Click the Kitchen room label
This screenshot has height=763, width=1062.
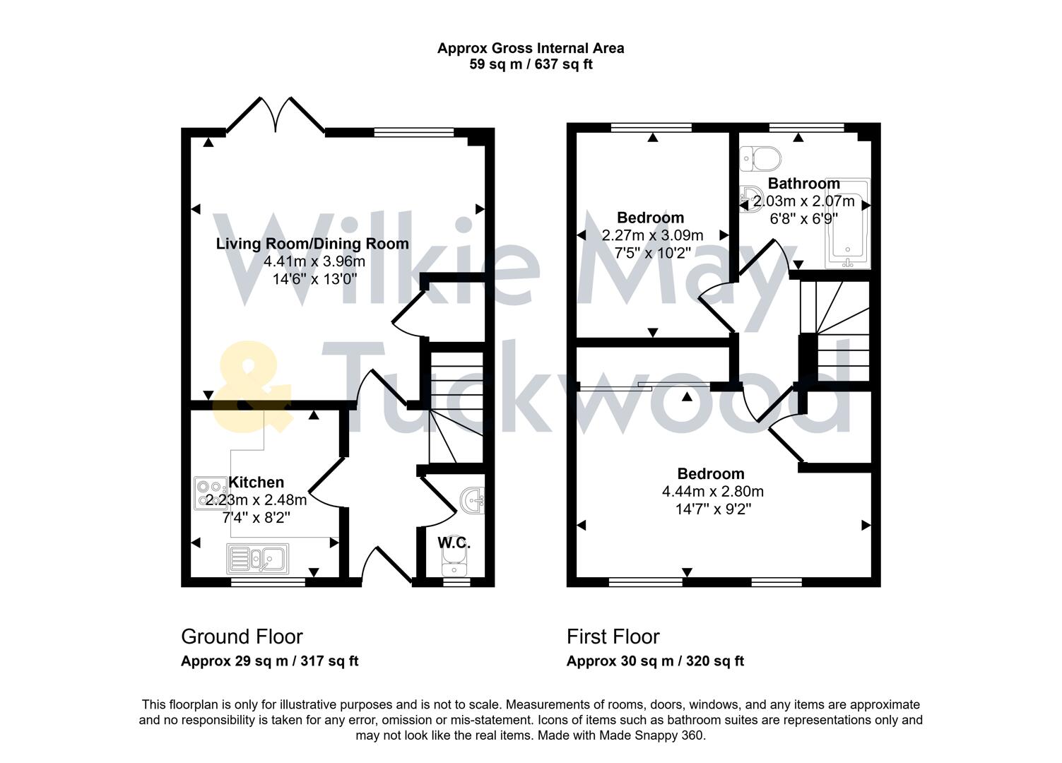tap(256, 483)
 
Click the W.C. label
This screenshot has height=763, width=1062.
tap(454, 543)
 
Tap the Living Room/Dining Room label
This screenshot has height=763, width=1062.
tap(312, 244)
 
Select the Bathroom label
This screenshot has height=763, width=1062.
tap(803, 184)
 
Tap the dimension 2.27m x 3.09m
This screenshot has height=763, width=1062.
tap(652, 235)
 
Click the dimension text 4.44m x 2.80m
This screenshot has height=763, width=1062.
tap(712, 492)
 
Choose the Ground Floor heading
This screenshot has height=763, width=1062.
tap(242, 637)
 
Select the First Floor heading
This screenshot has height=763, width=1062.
tap(613, 637)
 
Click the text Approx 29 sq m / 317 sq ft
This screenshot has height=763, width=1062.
tap(269, 662)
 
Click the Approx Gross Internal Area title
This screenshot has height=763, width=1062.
tap(531, 48)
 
